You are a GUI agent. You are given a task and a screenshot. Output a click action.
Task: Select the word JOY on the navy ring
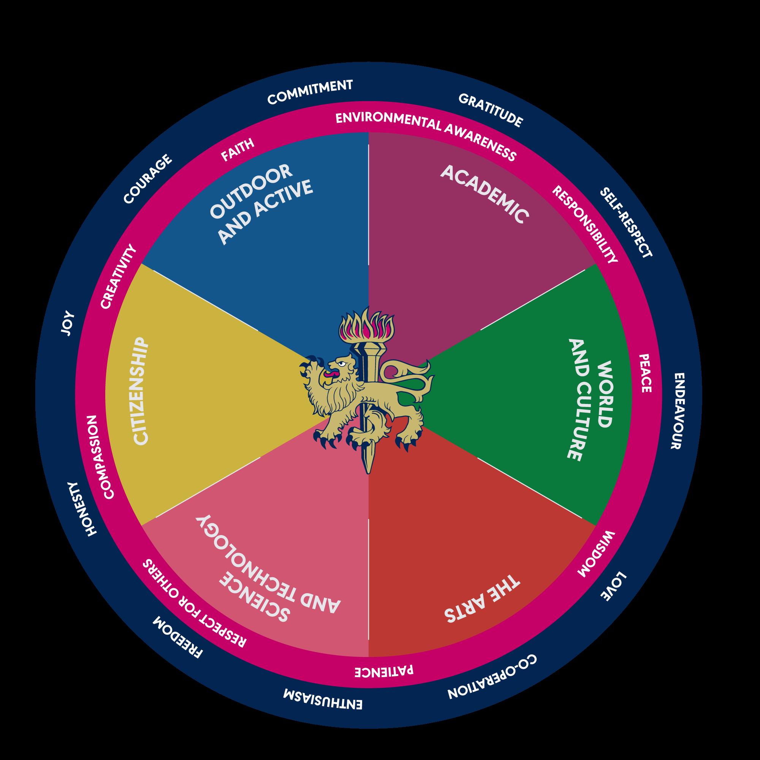point(68,323)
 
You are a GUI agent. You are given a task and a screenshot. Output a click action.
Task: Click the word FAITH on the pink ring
point(237,149)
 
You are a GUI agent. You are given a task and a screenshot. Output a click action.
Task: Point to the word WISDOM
point(595,554)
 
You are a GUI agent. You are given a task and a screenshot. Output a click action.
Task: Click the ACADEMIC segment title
point(484,194)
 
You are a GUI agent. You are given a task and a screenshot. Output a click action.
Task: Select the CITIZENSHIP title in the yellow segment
point(141,391)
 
